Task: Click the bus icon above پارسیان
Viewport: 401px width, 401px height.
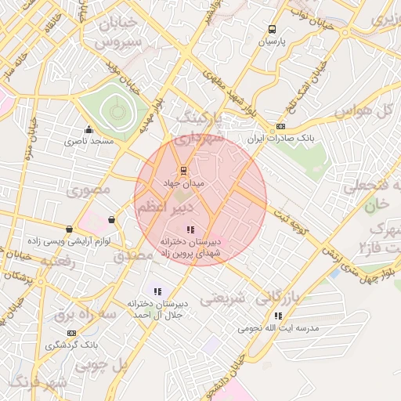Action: point(272,26)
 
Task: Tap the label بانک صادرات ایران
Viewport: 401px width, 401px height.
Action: point(280,138)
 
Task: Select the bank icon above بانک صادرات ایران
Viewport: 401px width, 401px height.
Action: point(280,126)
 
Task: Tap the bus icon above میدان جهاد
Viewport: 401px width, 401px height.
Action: point(183,170)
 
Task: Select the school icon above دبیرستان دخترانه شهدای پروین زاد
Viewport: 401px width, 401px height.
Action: point(190,229)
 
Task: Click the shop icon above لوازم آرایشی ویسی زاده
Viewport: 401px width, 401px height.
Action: point(70,229)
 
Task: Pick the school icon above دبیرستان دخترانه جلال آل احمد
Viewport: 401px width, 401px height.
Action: point(157,291)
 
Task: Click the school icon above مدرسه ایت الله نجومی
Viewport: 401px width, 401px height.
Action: point(278,316)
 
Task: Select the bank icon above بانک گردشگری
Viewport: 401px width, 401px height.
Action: point(71,333)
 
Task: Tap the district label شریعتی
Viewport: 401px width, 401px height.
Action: point(223,298)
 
